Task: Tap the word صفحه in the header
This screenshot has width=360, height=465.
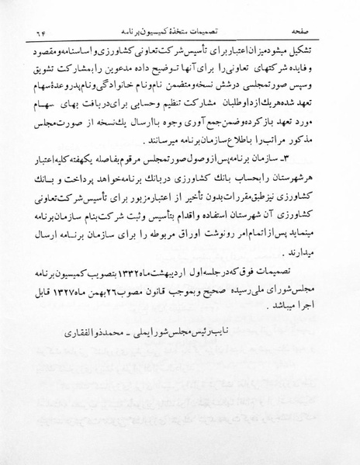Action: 306,32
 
